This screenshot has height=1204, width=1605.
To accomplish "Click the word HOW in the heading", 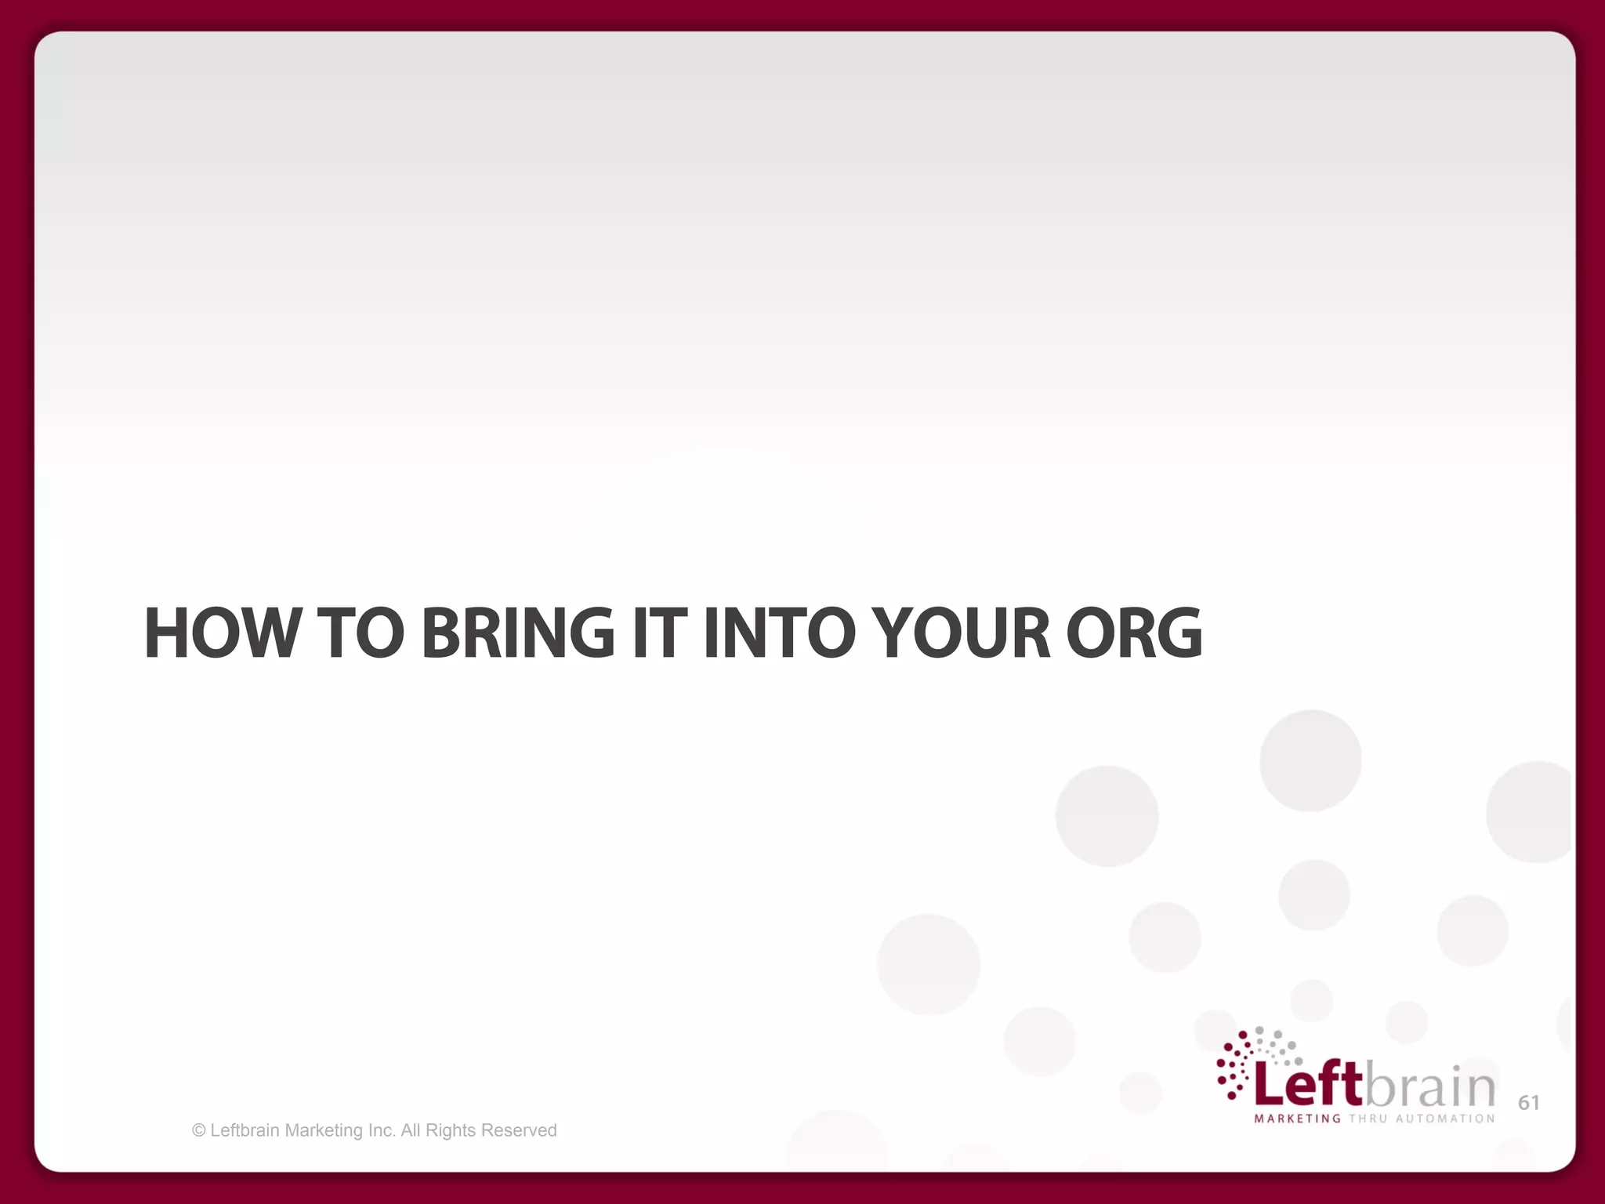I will (222, 633).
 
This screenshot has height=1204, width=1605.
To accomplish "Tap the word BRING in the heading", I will (518, 633).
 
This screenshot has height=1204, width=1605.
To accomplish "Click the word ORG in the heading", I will (1134, 633).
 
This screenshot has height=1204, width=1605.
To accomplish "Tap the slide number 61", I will (1528, 1103).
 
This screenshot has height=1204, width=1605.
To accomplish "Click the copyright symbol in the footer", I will (199, 1130).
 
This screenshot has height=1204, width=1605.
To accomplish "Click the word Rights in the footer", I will (451, 1130).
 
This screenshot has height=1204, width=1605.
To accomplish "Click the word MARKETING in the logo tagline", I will (1297, 1119).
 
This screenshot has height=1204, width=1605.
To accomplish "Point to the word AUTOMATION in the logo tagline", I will (1445, 1119).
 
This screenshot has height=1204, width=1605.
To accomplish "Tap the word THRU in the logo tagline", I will (1368, 1119).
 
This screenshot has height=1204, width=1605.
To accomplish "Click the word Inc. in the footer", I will (382, 1130).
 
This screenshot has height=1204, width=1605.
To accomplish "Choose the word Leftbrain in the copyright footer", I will (245, 1130).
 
